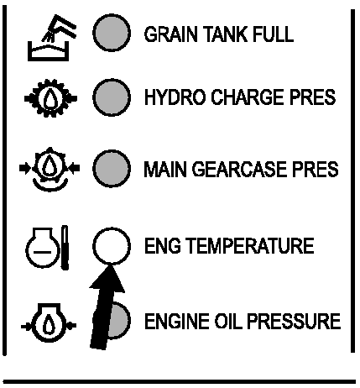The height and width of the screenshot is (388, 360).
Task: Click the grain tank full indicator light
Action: click(x=112, y=33)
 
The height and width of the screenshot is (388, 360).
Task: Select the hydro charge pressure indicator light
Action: click(x=112, y=97)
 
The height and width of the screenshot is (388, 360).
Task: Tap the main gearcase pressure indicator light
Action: click(x=112, y=169)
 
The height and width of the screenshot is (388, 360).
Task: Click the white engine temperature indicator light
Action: click(x=112, y=245)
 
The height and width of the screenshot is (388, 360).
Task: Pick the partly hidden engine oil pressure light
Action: click(x=119, y=321)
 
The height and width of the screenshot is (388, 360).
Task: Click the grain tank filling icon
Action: click(x=52, y=38)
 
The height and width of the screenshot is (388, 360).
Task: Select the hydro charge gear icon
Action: click(x=50, y=98)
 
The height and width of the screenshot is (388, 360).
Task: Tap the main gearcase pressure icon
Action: click(x=50, y=169)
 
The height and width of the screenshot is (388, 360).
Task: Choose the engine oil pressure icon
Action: click(x=49, y=323)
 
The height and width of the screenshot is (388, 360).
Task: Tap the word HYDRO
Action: click(x=175, y=97)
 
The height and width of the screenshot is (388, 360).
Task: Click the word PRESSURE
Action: click(x=294, y=321)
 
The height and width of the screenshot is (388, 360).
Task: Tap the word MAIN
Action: click(x=165, y=169)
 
